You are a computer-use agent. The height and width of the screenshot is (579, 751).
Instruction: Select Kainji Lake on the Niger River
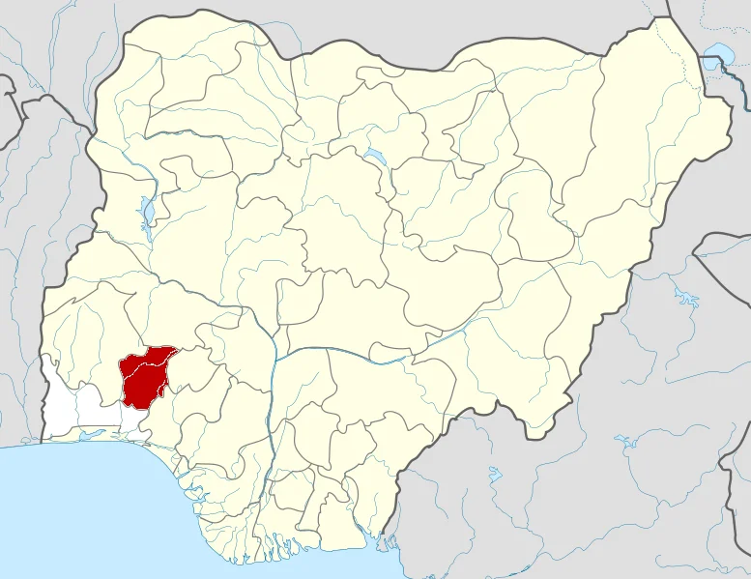pos(146,212)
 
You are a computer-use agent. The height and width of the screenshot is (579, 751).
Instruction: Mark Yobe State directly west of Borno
pos(541,116)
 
